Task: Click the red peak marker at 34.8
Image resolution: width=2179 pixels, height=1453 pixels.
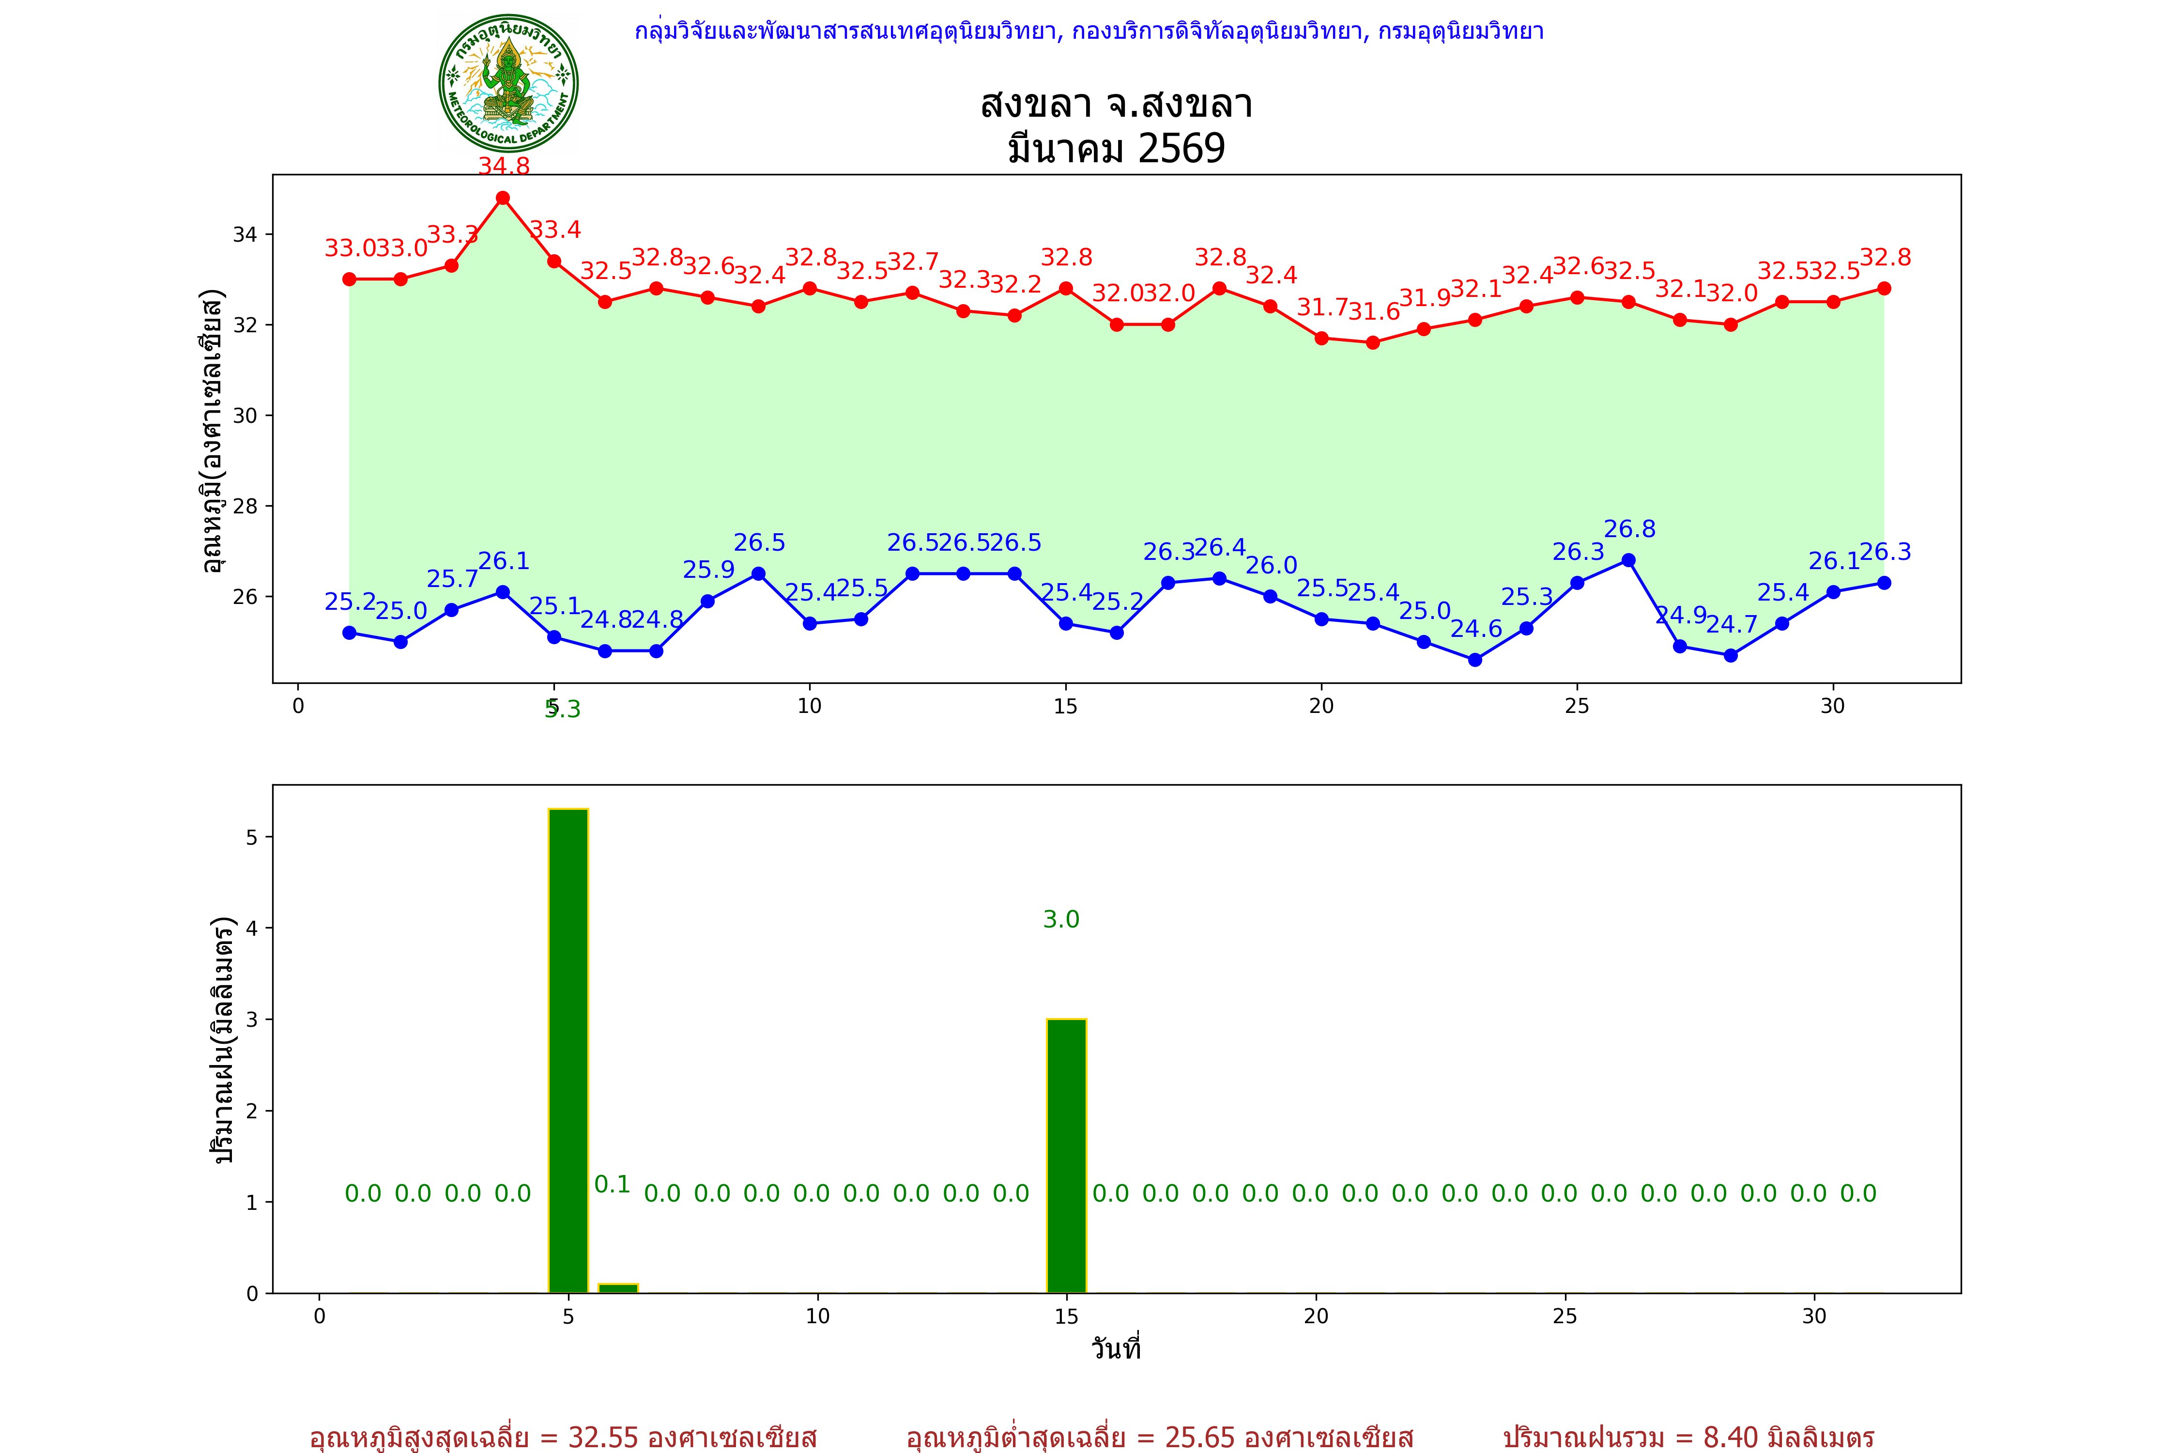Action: coord(503,198)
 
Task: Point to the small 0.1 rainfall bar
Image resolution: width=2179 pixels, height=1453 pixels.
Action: coord(618,1288)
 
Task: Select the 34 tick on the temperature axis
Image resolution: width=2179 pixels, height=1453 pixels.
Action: coord(245,234)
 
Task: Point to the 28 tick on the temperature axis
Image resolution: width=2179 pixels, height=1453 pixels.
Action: coord(245,506)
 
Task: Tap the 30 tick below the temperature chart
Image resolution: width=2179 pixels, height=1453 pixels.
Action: coord(1832,706)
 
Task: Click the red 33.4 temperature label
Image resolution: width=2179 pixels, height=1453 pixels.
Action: coord(556,230)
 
